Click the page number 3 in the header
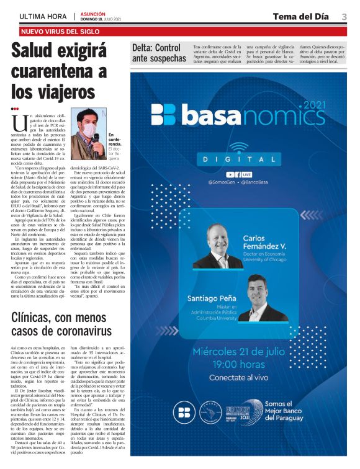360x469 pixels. [x=344, y=16]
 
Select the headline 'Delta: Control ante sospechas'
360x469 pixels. [x=159, y=53]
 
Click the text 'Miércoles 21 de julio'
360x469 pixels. [x=239, y=351]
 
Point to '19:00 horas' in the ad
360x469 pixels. [x=239, y=364]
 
